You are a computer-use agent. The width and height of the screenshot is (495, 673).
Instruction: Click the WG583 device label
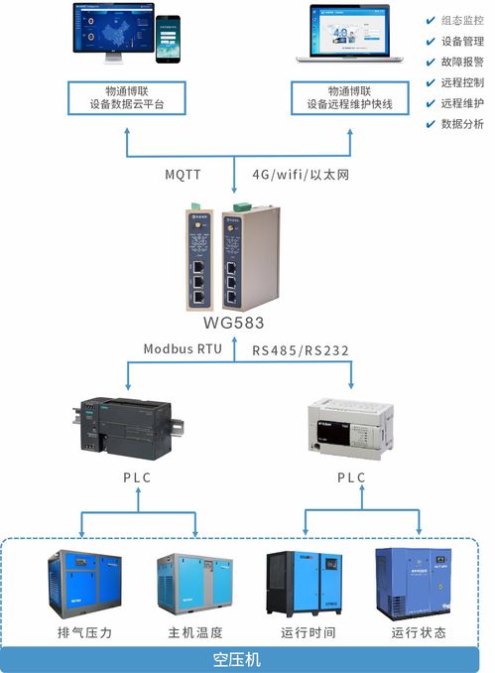click(234, 324)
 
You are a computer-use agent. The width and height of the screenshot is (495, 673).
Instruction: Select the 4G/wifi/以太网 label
click(300, 175)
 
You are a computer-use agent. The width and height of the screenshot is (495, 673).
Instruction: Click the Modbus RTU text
click(183, 349)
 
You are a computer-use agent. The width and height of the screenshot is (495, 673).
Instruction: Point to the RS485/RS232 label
click(301, 350)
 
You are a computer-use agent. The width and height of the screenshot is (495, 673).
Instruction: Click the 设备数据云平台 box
click(128, 97)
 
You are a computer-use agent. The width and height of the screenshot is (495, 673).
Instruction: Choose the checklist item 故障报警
click(462, 62)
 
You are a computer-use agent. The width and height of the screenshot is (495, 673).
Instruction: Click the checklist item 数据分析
click(462, 124)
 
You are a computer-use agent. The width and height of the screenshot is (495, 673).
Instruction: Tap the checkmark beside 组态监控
click(430, 20)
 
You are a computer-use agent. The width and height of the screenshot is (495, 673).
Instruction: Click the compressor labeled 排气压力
click(83, 586)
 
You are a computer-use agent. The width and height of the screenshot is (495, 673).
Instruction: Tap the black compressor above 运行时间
click(305, 584)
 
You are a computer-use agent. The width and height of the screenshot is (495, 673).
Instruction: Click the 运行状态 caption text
click(418, 632)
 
